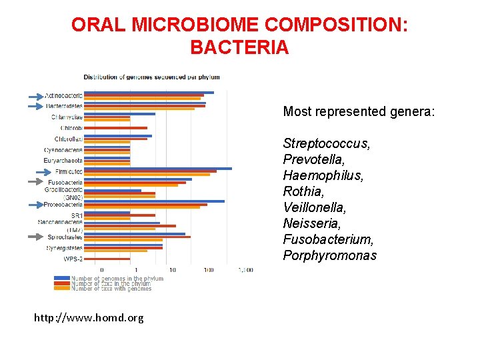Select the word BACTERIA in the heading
coord(239,48)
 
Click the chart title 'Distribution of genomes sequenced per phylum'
coord(151,77)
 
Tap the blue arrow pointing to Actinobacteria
coord(35,97)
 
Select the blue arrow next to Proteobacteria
coord(35,204)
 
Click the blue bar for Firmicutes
coord(157,169)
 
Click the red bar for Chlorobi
coord(115,128)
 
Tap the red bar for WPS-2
coord(107,259)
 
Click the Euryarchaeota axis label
coord(63,161)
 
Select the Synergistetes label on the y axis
coord(65,248)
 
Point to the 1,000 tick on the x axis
coord(245,270)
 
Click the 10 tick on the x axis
coord(173,270)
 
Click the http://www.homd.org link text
coord(89,318)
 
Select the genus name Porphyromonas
coord(329,256)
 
